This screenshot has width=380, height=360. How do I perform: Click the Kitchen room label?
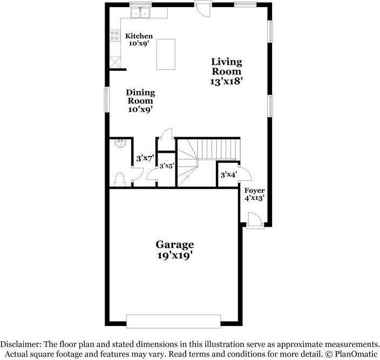(139, 36)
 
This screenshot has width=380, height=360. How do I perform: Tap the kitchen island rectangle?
(166, 55)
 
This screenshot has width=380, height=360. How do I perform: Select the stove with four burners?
(115, 36)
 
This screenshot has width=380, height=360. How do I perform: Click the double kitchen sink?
(140, 12)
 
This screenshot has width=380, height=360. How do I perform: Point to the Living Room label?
(227, 66)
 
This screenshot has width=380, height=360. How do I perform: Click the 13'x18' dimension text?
(226, 81)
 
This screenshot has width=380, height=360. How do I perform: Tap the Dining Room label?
(140, 97)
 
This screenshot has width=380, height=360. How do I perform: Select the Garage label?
(175, 244)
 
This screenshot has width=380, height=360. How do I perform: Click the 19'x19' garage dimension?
(176, 256)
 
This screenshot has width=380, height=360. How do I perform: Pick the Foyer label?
(254, 191)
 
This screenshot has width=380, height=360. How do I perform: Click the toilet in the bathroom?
(119, 180)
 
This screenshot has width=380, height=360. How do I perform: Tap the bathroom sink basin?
(120, 144)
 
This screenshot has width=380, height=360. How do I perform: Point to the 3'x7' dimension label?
(145, 159)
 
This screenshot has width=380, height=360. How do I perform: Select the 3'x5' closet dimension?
(167, 166)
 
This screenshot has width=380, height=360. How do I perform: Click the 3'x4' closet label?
(228, 174)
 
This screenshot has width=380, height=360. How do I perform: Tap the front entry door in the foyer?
(255, 220)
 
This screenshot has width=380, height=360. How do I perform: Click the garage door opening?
(173, 321)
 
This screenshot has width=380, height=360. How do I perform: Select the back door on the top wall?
(203, 9)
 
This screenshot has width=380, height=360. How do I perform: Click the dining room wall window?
(107, 99)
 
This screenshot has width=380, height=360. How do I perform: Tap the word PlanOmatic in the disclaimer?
(356, 354)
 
